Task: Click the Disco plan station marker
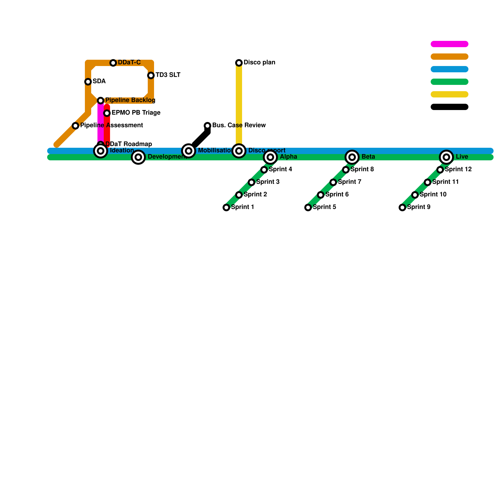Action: (x=239, y=63)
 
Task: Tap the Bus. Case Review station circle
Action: (x=207, y=126)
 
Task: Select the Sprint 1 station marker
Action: (x=226, y=207)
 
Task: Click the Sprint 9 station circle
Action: (x=402, y=207)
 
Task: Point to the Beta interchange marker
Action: (x=352, y=157)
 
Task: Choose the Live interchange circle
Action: (x=446, y=157)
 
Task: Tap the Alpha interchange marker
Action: (x=270, y=157)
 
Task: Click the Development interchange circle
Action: (x=138, y=157)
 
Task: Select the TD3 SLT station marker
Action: (x=151, y=75)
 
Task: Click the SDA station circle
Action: (x=88, y=82)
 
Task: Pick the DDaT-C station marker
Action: (x=113, y=63)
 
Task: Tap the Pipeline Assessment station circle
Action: (x=75, y=126)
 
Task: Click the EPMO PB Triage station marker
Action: (x=107, y=113)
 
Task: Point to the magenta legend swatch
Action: (x=450, y=44)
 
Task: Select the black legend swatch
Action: (x=450, y=107)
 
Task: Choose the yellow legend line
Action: (x=450, y=94)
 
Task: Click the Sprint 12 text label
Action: (x=458, y=169)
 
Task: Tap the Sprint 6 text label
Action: (x=337, y=195)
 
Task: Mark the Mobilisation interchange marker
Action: (x=189, y=151)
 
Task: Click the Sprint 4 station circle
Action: (x=264, y=170)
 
